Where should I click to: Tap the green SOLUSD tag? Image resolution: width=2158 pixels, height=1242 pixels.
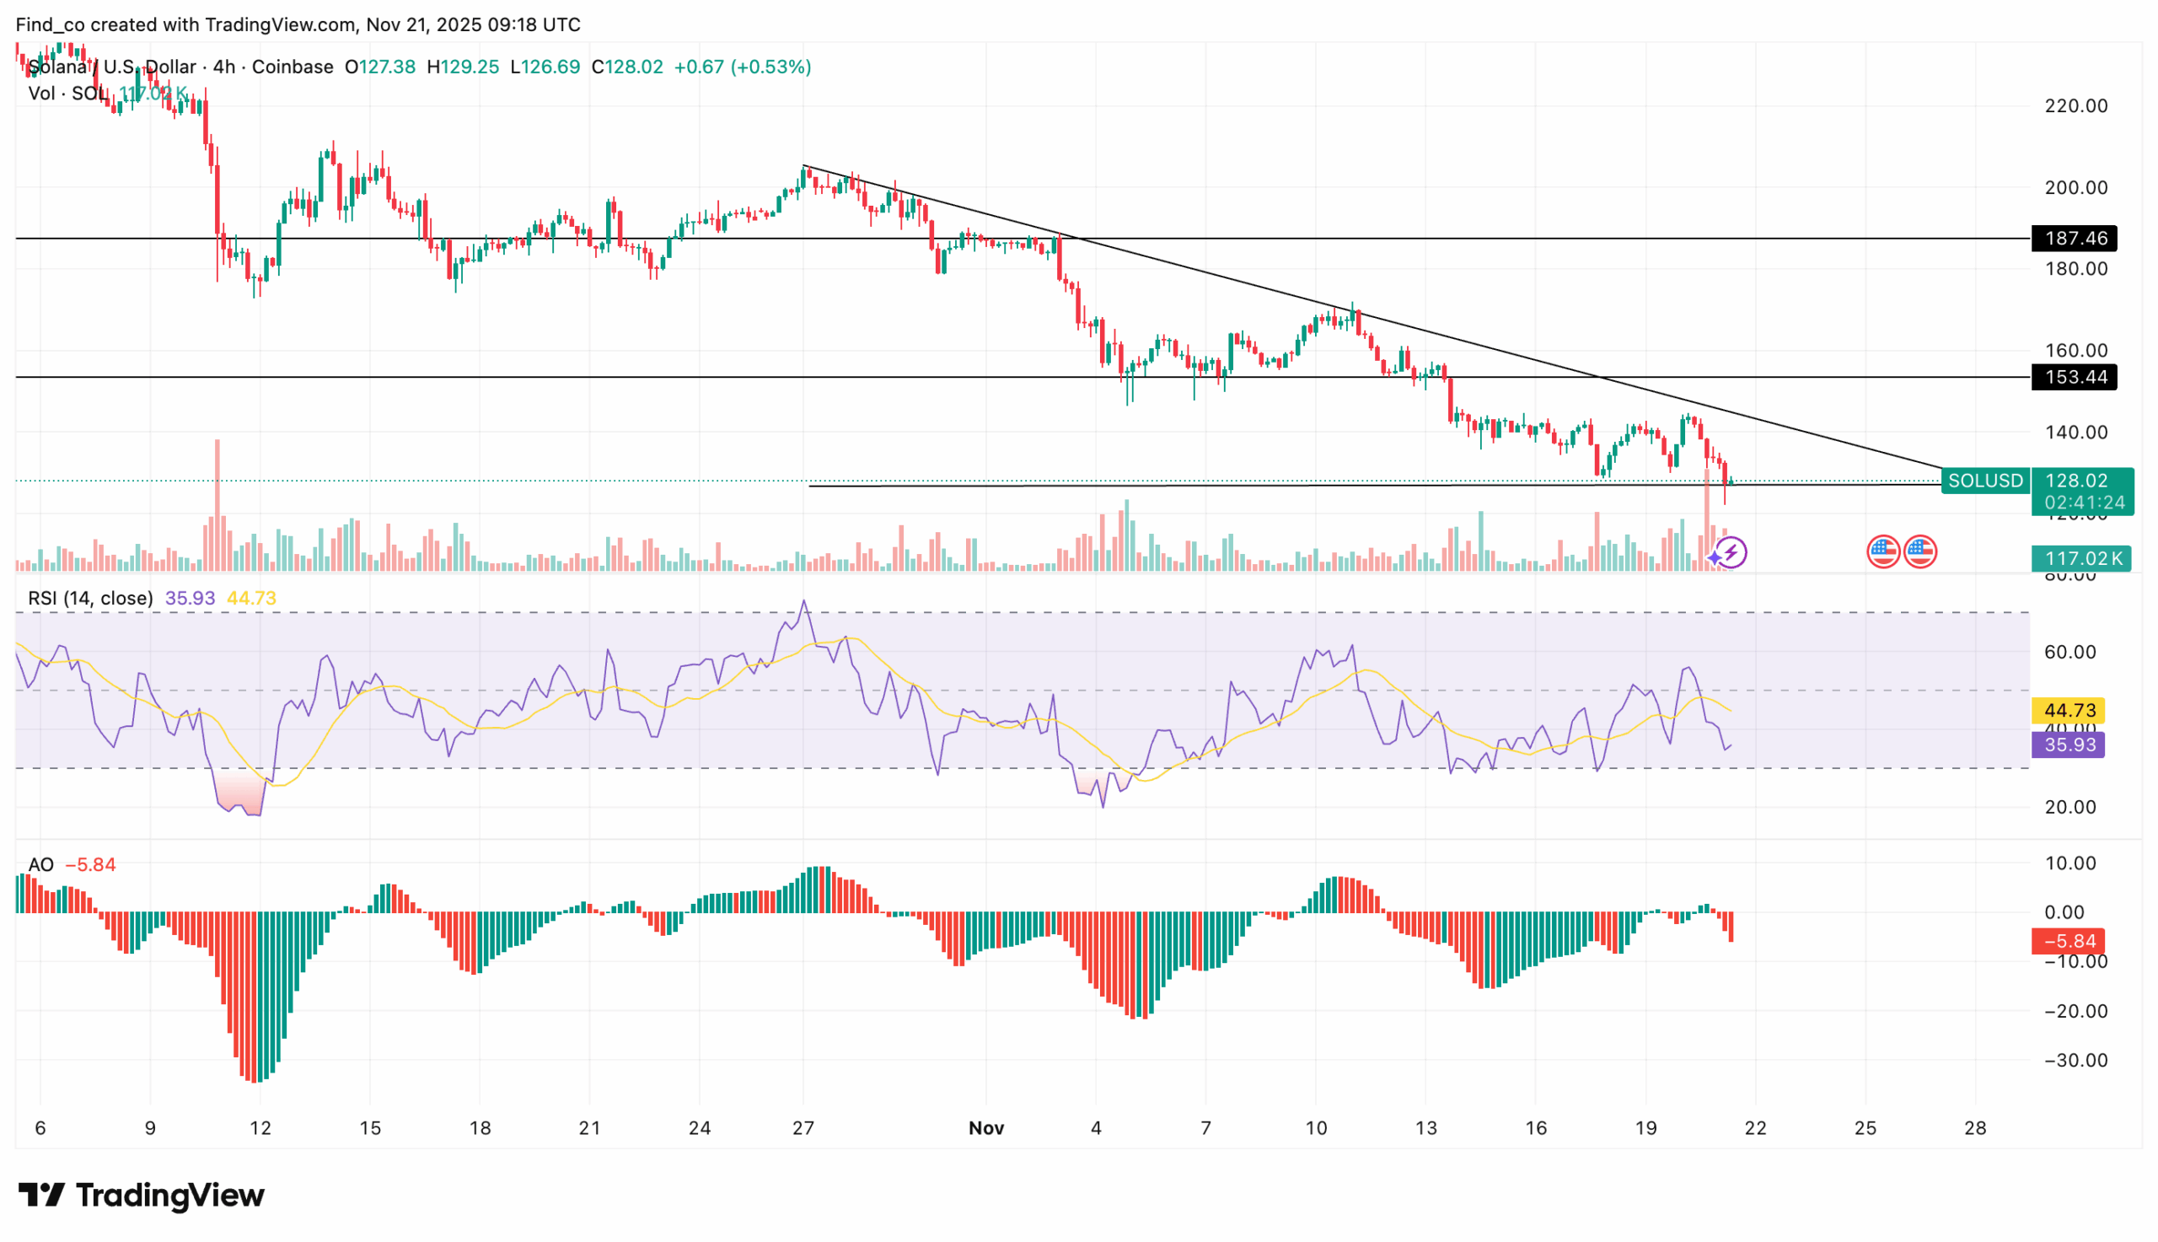click(1984, 481)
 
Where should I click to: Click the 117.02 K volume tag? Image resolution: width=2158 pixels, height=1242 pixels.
click(2080, 559)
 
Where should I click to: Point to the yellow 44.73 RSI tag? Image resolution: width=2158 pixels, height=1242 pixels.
click(2069, 711)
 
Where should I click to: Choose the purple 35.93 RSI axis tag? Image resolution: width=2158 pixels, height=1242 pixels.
click(2069, 745)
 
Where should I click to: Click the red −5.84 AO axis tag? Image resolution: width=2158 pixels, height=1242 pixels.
click(2069, 941)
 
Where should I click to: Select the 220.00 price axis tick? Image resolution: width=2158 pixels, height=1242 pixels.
click(2075, 105)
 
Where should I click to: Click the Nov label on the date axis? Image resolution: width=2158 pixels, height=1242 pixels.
click(985, 1128)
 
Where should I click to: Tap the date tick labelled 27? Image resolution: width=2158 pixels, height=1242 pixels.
click(803, 1128)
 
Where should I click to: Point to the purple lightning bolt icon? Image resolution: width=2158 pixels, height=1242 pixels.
click(1731, 553)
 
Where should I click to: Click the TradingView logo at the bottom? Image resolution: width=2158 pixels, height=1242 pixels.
click(142, 1195)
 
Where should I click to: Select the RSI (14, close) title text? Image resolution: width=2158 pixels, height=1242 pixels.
click(90, 598)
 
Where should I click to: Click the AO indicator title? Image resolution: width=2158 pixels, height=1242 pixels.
click(41, 864)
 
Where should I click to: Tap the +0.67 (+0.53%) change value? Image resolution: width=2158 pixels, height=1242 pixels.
click(742, 67)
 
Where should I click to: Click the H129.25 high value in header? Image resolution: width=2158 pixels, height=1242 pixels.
click(463, 67)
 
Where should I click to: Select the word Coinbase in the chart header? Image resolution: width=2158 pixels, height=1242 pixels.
click(293, 67)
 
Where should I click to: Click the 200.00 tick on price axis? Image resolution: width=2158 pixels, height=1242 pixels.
click(2075, 188)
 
